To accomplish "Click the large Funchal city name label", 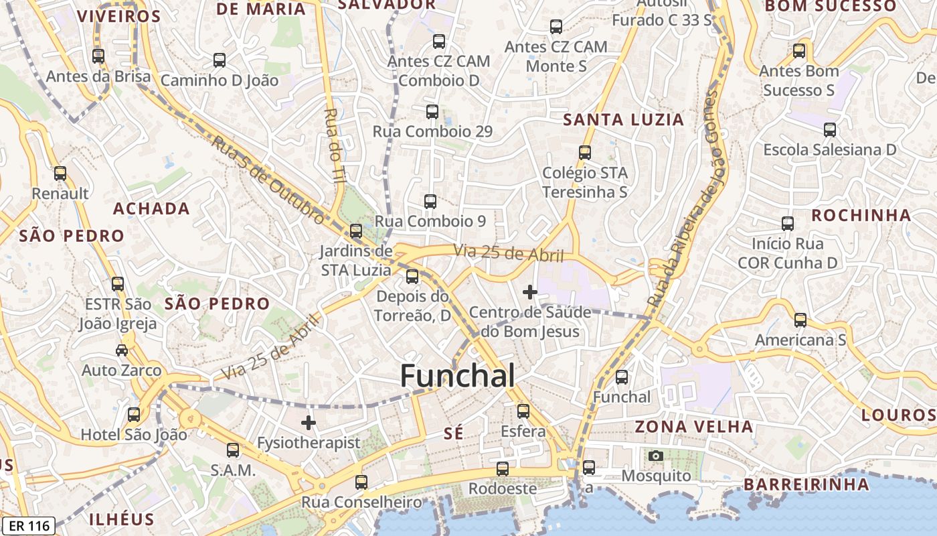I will point(458,376).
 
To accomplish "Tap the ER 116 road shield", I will point(28,526).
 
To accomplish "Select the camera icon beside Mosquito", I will point(656,456).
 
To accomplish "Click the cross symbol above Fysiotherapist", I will point(309,423).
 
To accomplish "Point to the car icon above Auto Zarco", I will point(122,350).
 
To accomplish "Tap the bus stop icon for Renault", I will point(60,174).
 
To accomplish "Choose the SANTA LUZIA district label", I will point(624,120).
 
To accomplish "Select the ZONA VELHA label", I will point(694,427).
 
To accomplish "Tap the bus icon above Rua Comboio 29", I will point(432,112).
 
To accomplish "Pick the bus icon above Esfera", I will point(523,411).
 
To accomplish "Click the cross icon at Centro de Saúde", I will point(530,292).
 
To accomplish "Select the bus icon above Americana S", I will point(800,320).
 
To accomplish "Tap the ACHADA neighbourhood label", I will point(151,208).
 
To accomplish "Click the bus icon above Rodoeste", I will point(503,469).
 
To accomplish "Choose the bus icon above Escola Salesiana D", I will point(830,130).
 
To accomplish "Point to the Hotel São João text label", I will point(134,435).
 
